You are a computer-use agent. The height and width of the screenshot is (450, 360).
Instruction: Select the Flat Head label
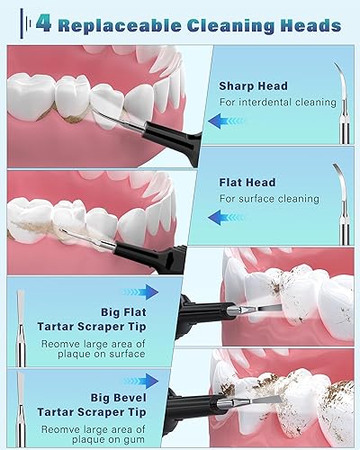pos(247,183)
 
